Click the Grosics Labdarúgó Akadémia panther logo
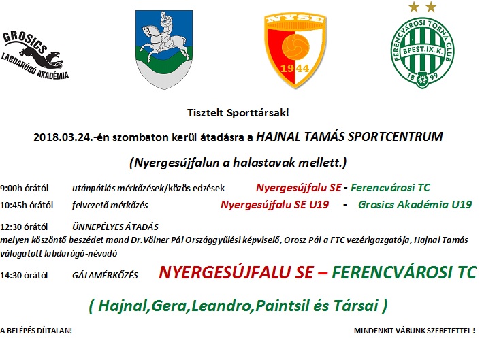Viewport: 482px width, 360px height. click(35, 56)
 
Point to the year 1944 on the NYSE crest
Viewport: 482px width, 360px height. click(295, 68)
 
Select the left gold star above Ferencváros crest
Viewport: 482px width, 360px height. click(414, 7)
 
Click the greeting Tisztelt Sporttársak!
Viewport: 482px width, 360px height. click(238, 113)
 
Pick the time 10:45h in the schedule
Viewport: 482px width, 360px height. click(14, 205)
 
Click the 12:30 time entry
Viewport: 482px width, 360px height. click(11, 227)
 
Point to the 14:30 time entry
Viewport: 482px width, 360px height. click(11, 275)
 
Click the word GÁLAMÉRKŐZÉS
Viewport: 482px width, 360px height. click(105, 275)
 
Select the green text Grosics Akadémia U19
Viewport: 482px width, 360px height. click(415, 205)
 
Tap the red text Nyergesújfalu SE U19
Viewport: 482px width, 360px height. click(275, 205)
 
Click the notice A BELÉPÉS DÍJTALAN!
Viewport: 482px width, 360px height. click(36, 331)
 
